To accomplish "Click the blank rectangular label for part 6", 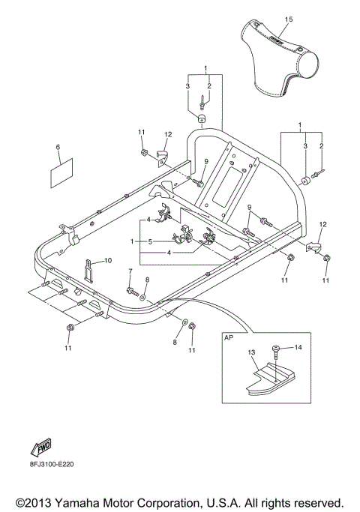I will click(60, 176).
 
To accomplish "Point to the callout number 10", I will click(108, 260).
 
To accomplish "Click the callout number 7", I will click(129, 271).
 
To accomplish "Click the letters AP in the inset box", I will click(229, 338).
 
